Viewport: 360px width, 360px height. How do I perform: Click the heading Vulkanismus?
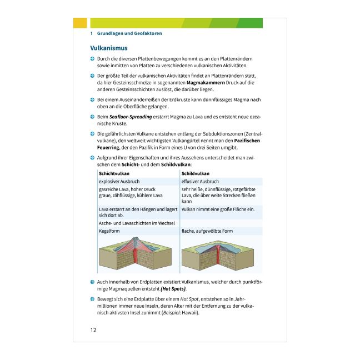click(x=108, y=48)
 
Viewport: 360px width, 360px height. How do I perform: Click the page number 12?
click(x=93, y=330)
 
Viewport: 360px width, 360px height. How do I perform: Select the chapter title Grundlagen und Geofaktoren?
click(x=129, y=33)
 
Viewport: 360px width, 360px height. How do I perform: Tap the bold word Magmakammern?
click(x=206, y=83)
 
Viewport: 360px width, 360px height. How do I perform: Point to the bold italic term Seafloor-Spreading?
click(x=131, y=117)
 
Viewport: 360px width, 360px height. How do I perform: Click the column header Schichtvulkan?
click(x=114, y=173)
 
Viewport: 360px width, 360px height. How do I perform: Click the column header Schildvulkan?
click(x=196, y=173)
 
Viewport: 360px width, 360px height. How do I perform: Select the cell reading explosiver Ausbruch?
click(x=119, y=181)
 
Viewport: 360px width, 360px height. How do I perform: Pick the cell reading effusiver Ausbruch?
click(x=200, y=181)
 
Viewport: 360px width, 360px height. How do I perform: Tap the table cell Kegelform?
click(x=109, y=231)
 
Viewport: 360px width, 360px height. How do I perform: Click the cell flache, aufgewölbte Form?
click(x=207, y=231)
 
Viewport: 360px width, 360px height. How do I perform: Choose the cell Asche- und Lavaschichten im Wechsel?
click(x=137, y=223)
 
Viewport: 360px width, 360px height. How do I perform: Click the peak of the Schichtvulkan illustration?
click(x=136, y=238)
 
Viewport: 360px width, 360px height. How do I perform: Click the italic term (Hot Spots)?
click(x=173, y=289)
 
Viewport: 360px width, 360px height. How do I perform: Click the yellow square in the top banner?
click(x=80, y=23)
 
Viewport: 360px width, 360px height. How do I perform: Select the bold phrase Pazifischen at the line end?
click(x=247, y=141)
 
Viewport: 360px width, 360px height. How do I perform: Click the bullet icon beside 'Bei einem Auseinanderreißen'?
click(x=92, y=100)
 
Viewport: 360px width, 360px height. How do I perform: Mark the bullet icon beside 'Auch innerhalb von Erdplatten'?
click(x=92, y=282)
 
